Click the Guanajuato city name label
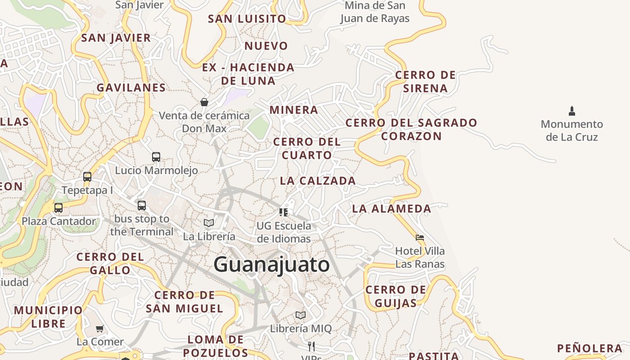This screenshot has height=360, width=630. (x=271, y=264)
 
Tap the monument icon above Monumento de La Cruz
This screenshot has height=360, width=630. (x=572, y=111)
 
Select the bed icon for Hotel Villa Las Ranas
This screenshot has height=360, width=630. (x=420, y=237)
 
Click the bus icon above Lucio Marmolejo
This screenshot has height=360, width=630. (x=156, y=157)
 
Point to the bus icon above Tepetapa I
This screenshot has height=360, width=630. (x=87, y=177)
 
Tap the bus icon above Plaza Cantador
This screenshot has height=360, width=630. (x=58, y=208)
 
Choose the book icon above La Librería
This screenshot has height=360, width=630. (x=209, y=223)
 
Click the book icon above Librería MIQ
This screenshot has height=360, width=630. (x=301, y=315)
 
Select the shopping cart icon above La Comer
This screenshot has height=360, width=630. (x=100, y=328)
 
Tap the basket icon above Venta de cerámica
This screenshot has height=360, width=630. (x=204, y=102)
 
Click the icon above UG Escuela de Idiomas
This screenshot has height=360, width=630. (x=283, y=212)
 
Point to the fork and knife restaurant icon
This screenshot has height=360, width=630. (x=311, y=346)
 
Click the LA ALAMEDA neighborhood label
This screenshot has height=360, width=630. (x=391, y=208)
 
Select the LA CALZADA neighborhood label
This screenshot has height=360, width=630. (x=318, y=181)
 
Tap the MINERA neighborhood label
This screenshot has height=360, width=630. (x=294, y=110)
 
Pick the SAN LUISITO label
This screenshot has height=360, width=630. (x=247, y=19)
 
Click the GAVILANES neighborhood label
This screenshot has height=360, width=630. (x=131, y=88)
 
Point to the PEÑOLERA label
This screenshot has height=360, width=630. (x=589, y=348)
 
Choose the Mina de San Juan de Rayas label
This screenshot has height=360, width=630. (x=375, y=12)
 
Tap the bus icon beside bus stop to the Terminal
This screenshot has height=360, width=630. (x=142, y=206)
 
